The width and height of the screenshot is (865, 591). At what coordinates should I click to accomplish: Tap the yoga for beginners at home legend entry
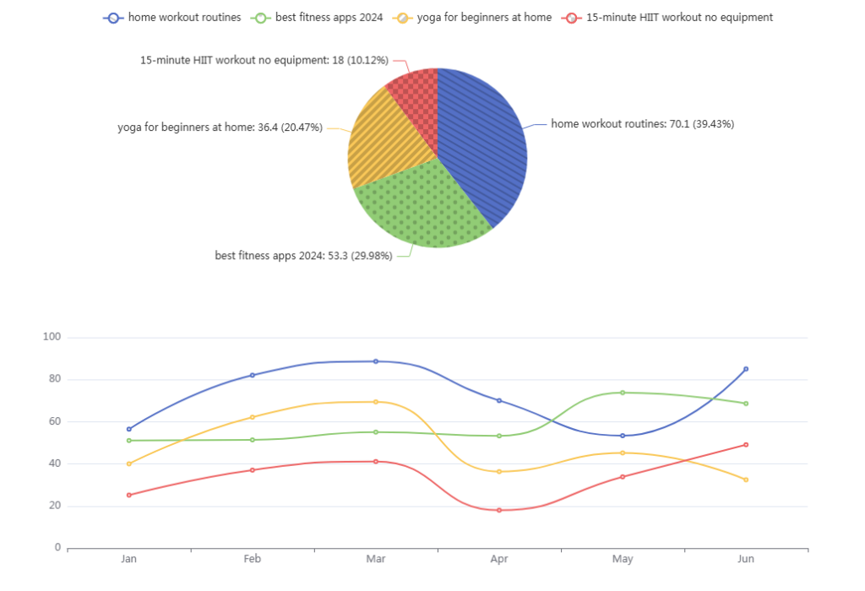pyautogui.click(x=474, y=17)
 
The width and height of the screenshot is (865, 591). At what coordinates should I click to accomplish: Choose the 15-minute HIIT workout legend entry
pyautogui.click(x=667, y=17)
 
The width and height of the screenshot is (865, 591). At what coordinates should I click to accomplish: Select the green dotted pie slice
pyautogui.click(x=418, y=207)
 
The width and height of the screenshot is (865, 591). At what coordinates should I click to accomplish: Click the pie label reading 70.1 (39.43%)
pyautogui.click(x=642, y=124)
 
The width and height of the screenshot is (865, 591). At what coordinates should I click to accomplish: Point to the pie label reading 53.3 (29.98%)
pyautogui.click(x=303, y=256)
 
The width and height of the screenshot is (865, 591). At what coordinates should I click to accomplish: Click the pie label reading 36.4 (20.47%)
pyautogui.click(x=220, y=127)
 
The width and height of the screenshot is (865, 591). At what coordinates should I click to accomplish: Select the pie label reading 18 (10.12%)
pyautogui.click(x=264, y=60)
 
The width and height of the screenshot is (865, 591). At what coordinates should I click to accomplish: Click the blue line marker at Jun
pyautogui.click(x=746, y=369)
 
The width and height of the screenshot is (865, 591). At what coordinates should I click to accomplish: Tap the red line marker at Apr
pyautogui.click(x=499, y=510)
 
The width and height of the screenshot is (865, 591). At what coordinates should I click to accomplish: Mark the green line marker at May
pyautogui.click(x=623, y=393)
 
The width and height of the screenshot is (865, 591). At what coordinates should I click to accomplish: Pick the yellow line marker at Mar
pyautogui.click(x=376, y=402)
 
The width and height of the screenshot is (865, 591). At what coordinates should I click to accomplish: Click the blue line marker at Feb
pyautogui.click(x=253, y=375)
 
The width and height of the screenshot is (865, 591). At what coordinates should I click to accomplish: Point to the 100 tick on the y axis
pyautogui.click(x=52, y=337)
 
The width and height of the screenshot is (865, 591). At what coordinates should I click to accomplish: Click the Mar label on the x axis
pyautogui.click(x=376, y=560)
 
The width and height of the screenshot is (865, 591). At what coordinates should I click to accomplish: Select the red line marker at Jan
pyautogui.click(x=129, y=495)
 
